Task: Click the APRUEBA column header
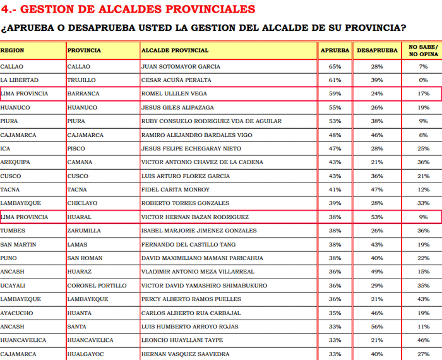[x=335, y=50]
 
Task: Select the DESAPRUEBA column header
[x=377, y=50]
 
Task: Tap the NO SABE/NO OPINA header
[x=423, y=51]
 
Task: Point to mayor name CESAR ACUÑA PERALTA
[x=177, y=80]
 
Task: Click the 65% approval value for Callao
[x=335, y=66]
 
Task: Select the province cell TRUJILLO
[x=81, y=80]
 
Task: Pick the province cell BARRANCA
[x=83, y=93]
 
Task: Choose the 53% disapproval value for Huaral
[x=377, y=217]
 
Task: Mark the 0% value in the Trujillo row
[x=423, y=80]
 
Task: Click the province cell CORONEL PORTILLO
[x=95, y=285]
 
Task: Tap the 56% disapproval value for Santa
[x=377, y=327]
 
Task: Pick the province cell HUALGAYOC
[x=87, y=354]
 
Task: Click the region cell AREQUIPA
[x=16, y=162]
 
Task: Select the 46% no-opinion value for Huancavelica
[x=423, y=340]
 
